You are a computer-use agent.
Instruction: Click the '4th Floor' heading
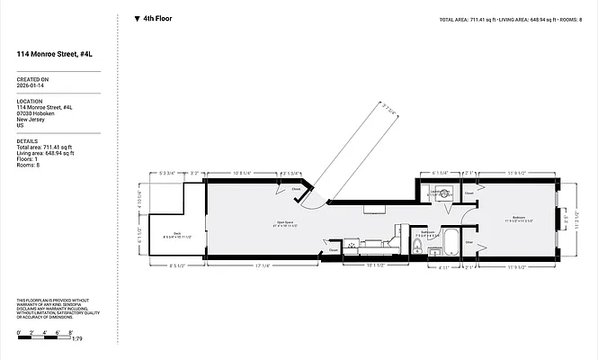pyautogui.click(x=157, y=18)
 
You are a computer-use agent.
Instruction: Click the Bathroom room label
pyautogui.click(x=428, y=232)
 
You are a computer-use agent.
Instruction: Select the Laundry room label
pyautogui.click(x=441, y=192)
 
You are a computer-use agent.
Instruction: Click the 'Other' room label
pyautogui.click(x=469, y=241)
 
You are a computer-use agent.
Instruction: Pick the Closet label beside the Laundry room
pyautogui.click(x=469, y=192)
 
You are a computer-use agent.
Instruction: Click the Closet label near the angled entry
pyautogui.click(x=296, y=189)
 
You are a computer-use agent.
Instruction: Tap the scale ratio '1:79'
pyautogui.click(x=77, y=339)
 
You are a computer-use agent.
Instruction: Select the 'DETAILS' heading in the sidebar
pyautogui.click(x=27, y=140)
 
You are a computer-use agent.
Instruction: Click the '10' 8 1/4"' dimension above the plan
pyautogui.click(x=243, y=172)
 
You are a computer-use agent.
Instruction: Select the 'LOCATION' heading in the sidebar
pyautogui.click(x=31, y=101)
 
